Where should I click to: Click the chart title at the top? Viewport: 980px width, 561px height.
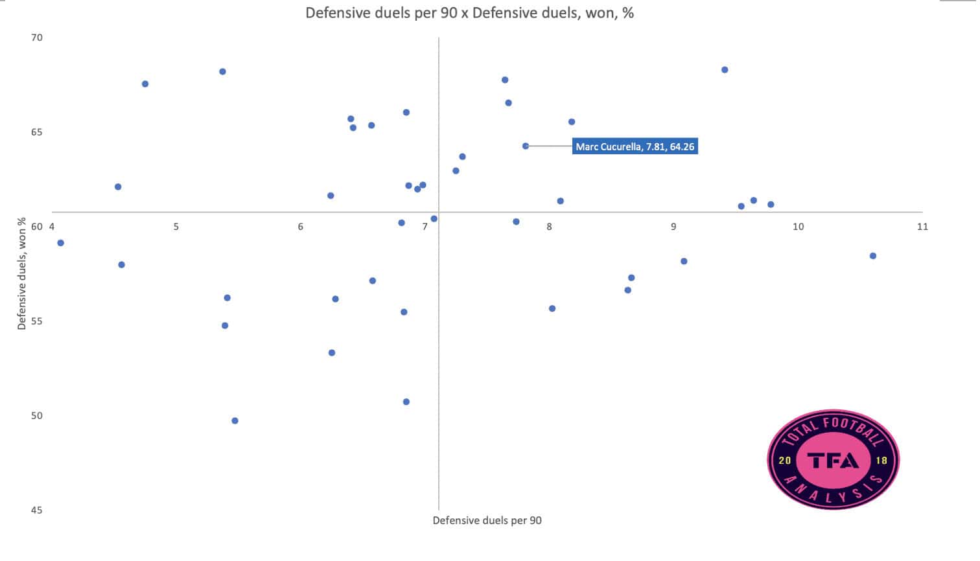pos(469,13)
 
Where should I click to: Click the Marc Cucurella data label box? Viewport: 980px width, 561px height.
pos(635,146)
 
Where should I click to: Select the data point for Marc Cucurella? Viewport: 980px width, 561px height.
pos(526,146)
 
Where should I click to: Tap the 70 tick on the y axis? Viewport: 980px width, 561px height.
pos(37,38)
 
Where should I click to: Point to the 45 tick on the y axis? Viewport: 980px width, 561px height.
pos(37,510)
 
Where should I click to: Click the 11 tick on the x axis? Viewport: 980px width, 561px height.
pos(922,226)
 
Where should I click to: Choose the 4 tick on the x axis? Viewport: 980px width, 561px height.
pos(52,226)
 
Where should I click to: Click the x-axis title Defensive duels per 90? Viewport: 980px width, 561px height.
pos(487,520)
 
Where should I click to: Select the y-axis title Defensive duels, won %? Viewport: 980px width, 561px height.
pos(22,273)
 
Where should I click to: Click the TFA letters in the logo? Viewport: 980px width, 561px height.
pos(833,460)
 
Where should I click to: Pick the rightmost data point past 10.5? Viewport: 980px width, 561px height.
pos(872,256)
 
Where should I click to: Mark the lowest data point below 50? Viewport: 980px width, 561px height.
pos(235,420)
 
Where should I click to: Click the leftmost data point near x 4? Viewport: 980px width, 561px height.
pos(60,243)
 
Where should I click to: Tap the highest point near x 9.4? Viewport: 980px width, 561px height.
pos(725,70)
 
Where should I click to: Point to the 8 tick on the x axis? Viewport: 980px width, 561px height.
pos(549,226)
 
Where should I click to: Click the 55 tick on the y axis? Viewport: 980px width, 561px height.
pos(37,321)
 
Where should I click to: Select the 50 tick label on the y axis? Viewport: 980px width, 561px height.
pos(37,415)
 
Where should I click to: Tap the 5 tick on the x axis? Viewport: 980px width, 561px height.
pos(176,226)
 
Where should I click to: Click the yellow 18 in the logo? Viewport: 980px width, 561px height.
pos(881,461)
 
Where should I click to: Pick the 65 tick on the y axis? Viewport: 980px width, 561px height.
pos(37,132)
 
